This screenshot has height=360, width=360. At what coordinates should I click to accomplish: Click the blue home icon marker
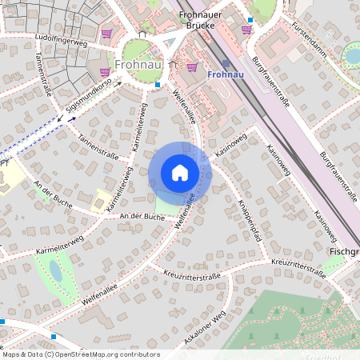(x=180, y=172)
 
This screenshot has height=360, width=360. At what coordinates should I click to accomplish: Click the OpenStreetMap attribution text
(x=80, y=354)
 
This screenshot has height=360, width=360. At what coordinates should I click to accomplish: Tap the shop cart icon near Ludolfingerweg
(x=106, y=34)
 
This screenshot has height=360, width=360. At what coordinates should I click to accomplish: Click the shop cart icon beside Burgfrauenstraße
(x=246, y=30)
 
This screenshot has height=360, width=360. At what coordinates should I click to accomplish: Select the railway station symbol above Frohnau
(x=226, y=63)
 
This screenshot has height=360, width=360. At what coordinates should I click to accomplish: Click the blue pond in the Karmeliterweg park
(x=55, y=271)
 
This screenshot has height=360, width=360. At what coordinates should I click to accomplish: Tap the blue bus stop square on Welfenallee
(x=158, y=84)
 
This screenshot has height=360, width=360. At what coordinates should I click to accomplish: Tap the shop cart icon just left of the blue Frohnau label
(x=192, y=67)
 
